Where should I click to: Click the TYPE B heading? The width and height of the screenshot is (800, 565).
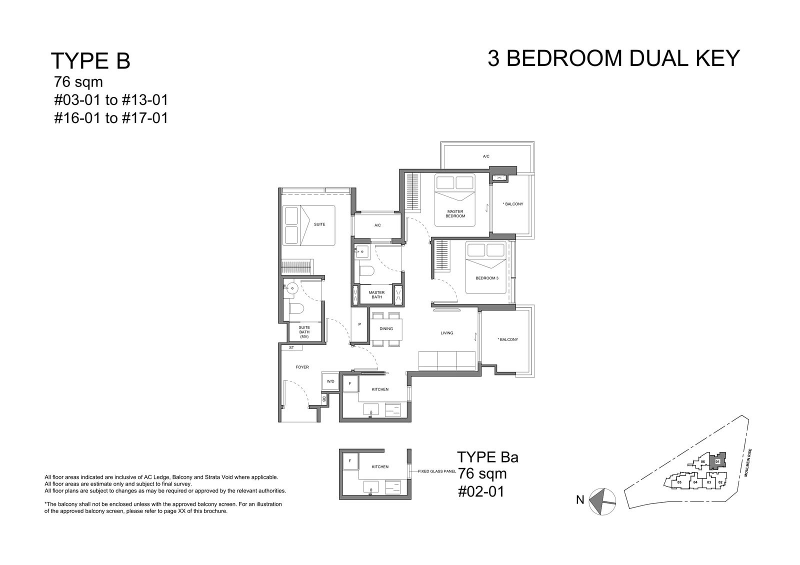pyautogui.click(x=90, y=60)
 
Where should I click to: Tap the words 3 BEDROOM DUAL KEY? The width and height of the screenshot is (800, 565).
pyautogui.click(x=613, y=58)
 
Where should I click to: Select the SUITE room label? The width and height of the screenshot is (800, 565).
pyautogui.click(x=319, y=224)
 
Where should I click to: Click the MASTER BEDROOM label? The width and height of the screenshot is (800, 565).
pyautogui.click(x=455, y=213)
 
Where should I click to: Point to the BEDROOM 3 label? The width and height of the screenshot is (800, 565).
pyautogui.click(x=487, y=278)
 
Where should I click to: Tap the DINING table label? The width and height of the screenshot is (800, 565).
pyautogui.click(x=386, y=328)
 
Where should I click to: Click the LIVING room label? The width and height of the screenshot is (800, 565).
pyautogui.click(x=447, y=333)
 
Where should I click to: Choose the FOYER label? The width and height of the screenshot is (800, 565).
pyautogui.click(x=302, y=367)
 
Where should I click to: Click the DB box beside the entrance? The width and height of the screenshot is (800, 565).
pyautogui.click(x=324, y=399)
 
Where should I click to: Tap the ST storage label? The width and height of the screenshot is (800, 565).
pyautogui.click(x=291, y=347)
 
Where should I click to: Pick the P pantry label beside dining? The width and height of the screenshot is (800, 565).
pyautogui.click(x=359, y=324)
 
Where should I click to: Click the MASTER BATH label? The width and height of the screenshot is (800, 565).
pyautogui.click(x=377, y=294)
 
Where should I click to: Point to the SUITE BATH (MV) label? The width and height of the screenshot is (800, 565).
pyautogui.click(x=304, y=332)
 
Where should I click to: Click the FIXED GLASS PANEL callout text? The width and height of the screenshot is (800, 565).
pyautogui.click(x=437, y=471)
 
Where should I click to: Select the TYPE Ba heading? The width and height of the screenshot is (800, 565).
pyautogui.click(x=487, y=457)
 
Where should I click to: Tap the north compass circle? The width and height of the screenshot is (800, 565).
pyautogui.click(x=602, y=501)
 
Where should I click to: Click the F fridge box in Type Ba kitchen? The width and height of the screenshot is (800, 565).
pyautogui.click(x=350, y=460)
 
